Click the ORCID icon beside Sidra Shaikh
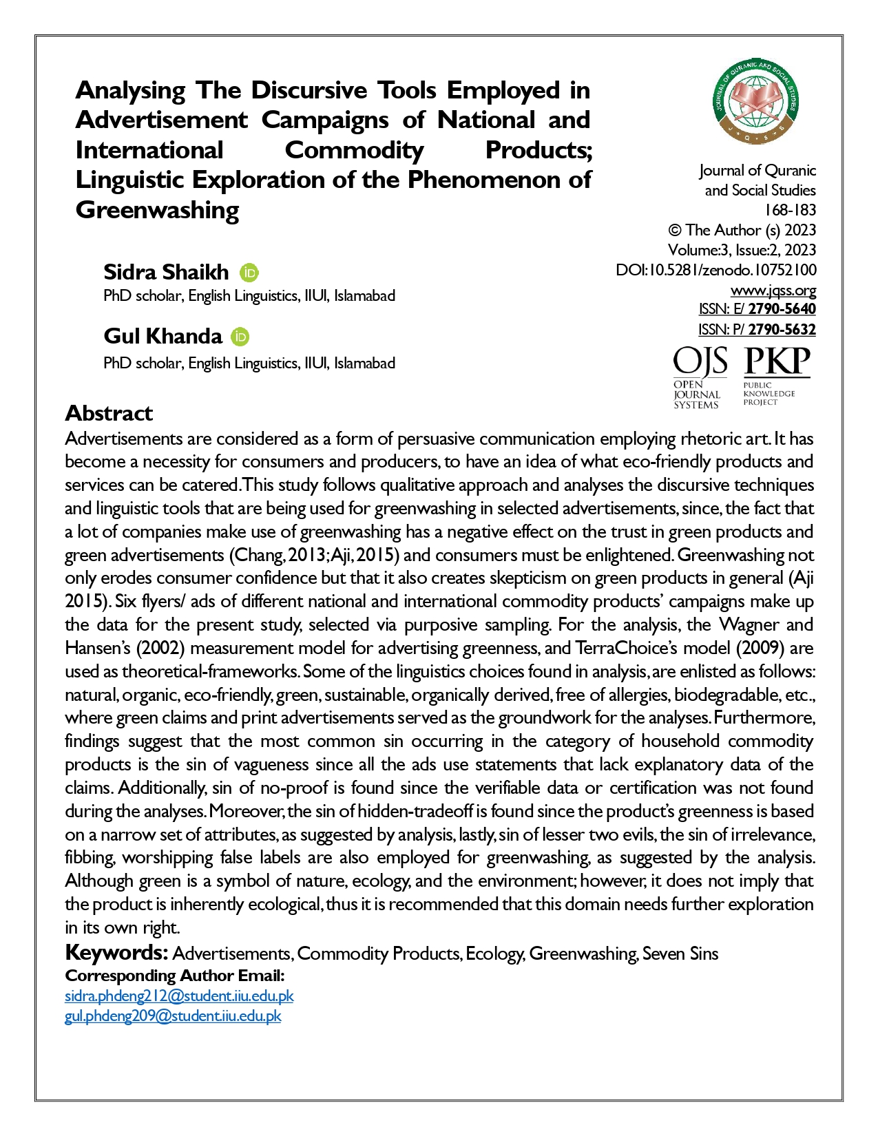[249, 273]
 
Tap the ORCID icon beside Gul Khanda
[240, 337]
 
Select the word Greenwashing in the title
[157, 210]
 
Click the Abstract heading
[109, 413]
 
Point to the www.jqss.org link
[773, 290]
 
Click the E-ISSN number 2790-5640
[782, 309]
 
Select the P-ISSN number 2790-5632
[782, 330]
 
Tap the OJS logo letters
[700, 361]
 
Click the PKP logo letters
[777, 361]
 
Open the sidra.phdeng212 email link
[179, 996]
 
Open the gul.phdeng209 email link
[173, 1016]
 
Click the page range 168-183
[790, 210]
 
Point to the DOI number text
[716, 270]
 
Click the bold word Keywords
[116, 953]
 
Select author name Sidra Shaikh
[166, 272]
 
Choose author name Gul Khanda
[163, 336]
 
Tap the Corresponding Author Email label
[174, 976]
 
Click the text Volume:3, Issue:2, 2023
[742, 250]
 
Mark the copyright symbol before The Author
[675, 230]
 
